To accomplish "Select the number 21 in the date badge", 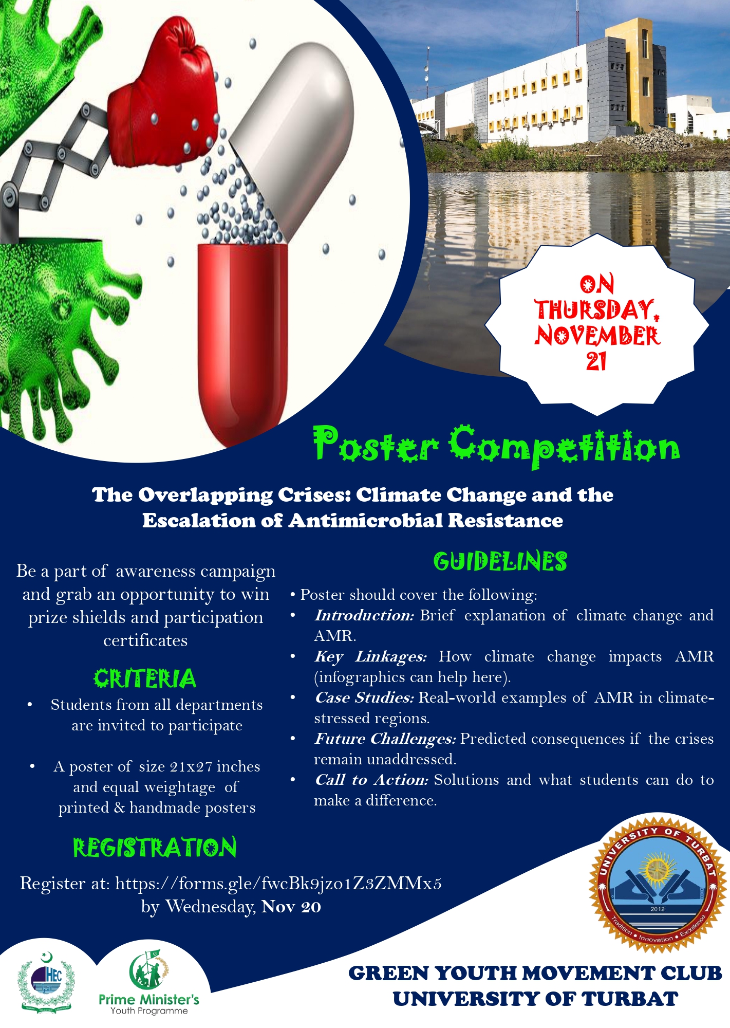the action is coord(596,361).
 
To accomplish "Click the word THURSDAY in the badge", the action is coord(596,309).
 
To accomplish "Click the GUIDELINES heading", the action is coord(500,561).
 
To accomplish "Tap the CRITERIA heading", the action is coord(145,678).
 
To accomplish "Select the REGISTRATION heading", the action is coord(155,848).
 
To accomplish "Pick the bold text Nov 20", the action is coord(291,907).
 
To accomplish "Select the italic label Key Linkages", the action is coord(370,656).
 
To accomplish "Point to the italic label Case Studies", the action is coord(364,697).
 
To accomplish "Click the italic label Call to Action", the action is coord(371,780).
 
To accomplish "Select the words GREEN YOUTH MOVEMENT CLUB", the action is coord(535,973).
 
